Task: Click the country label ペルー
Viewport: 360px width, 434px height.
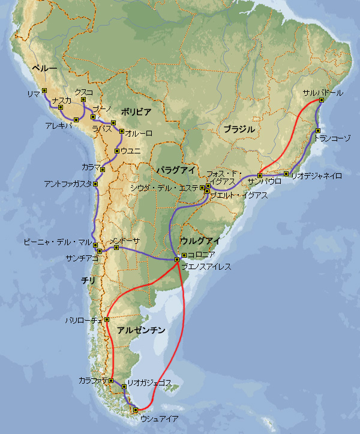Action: [46, 70]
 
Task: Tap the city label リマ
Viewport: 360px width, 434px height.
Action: [34, 94]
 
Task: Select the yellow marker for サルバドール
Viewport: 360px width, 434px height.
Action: [321, 101]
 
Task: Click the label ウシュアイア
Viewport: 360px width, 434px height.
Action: [159, 419]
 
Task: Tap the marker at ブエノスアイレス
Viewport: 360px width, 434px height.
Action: [176, 259]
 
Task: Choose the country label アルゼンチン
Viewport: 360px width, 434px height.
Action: [141, 330]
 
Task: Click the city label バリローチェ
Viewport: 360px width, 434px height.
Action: [85, 321]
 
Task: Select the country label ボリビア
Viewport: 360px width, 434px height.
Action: [136, 111]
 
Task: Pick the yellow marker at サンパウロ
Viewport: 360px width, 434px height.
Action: [260, 176]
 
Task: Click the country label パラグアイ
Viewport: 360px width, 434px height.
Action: [176, 170]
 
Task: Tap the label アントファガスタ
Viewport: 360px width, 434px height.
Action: [68, 183]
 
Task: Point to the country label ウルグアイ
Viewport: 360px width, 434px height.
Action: [200, 240]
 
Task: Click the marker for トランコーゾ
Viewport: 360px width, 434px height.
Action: [318, 131]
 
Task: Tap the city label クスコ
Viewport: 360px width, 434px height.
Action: [83, 92]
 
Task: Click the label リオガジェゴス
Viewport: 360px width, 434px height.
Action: [149, 382]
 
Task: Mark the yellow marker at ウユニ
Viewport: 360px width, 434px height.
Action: [116, 150]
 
